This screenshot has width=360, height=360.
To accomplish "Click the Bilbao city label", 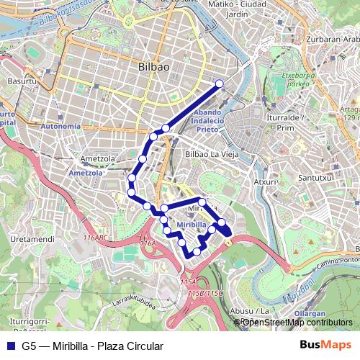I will click(153, 66).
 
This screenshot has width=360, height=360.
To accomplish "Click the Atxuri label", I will click(266, 182).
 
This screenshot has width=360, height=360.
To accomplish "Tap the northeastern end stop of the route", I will click(220, 84).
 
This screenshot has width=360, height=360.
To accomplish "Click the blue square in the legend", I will click(10, 346).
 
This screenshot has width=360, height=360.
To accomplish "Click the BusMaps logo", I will click(325, 346).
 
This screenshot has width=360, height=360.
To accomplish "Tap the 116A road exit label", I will click(148, 244).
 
